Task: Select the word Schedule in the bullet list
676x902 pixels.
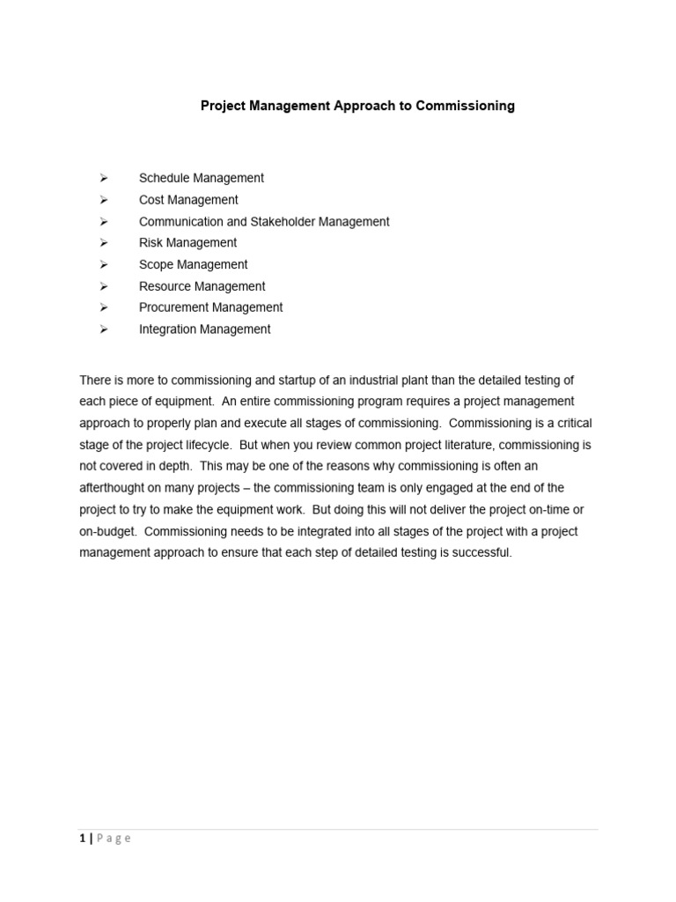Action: [x=164, y=178]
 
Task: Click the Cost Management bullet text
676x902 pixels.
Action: [x=188, y=200]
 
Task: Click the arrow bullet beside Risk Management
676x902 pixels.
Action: [x=103, y=243]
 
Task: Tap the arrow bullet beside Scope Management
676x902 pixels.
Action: [x=103, y=264]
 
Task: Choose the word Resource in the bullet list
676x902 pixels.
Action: [x=165, y=286]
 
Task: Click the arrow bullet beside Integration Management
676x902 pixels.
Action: [x=103, y=329]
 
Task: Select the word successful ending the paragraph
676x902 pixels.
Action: [x=481, y=553]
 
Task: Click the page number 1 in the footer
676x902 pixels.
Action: [x=82, y=839]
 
